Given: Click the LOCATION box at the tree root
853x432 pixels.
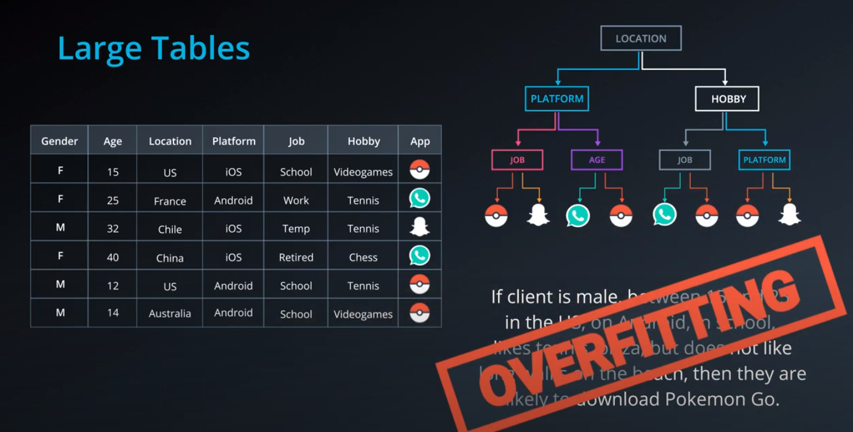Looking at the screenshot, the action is [641, 38].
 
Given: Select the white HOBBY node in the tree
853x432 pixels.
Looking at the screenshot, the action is [727, 99].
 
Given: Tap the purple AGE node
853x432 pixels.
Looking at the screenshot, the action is [597, 160].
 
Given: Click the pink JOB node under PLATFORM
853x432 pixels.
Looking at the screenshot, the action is [517, 160].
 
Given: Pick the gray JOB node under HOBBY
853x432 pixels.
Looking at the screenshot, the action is [684, 160].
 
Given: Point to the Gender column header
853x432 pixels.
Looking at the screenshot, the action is [59, 141].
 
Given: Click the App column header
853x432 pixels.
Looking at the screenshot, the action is [420, 141].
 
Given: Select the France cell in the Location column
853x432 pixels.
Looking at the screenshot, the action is [170, 201].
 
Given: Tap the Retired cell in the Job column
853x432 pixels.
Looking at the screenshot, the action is [296, 257].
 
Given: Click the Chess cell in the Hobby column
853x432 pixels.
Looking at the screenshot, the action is [363, 257].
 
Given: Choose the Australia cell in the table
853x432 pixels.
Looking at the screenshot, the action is [170, 314].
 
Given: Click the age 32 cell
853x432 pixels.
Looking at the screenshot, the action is [112, 229].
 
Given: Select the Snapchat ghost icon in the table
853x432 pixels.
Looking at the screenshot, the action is [420, 227].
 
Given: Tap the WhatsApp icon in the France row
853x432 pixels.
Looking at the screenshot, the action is [420, 198].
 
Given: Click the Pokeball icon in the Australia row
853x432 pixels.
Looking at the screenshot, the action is [420, 313].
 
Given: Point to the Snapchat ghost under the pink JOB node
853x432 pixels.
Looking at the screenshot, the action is [538, 215].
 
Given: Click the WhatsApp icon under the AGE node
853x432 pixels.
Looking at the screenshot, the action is [578, 215].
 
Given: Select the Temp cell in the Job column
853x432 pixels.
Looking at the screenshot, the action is [296, 229].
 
